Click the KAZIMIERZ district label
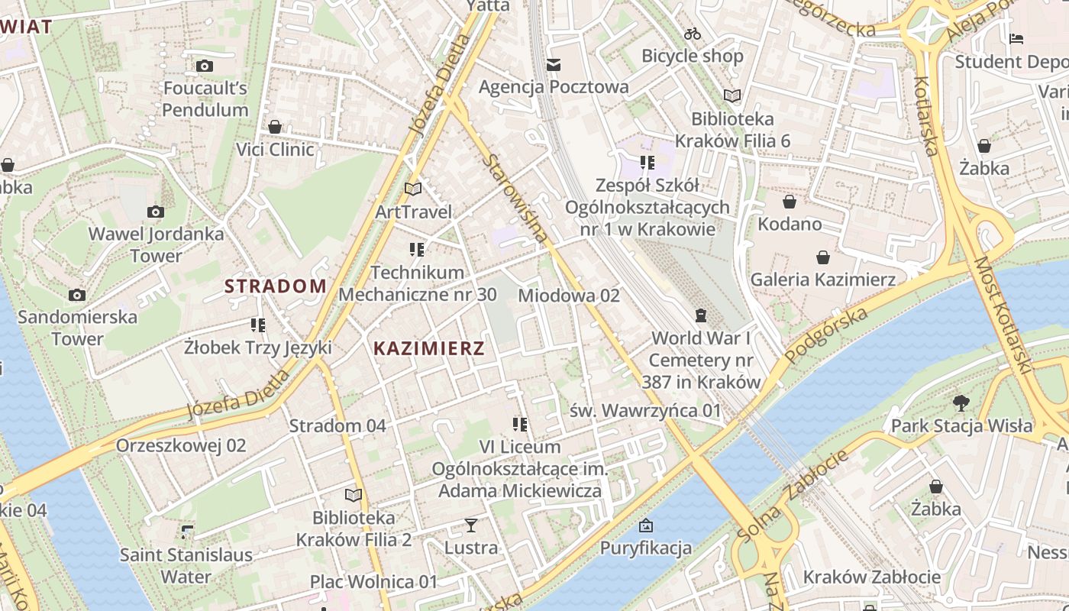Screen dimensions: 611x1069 [x=428, y=349]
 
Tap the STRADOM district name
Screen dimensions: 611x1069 [x=275, y=286]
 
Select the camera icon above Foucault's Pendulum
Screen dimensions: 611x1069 [x=204, y=66]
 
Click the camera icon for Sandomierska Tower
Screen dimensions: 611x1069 [x=76, y=295]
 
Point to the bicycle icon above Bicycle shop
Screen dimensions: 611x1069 [x=693, y=34]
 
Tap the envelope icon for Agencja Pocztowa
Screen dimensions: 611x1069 [x=554, y=64]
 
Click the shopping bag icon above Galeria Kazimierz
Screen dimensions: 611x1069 [x=822, y=257]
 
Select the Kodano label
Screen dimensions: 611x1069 [x=790, y=225]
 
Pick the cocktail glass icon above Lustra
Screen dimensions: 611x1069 [x=471, y=525]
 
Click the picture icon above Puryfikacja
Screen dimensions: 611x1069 [x=646, y=525]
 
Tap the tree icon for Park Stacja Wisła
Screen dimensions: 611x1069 [x=961, y=403]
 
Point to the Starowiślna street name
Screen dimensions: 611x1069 [x=516, y=199]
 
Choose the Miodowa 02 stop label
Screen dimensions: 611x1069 [x=569, y=296]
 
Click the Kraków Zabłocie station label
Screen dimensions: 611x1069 [x=872, y=577]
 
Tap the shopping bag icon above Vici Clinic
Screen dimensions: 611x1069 [x=275, y=127]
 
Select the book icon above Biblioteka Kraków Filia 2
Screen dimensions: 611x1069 [x=353, y=495]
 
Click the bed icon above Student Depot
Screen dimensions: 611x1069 [x=1016, y=39]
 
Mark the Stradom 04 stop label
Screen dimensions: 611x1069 [x=337, y=426]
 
